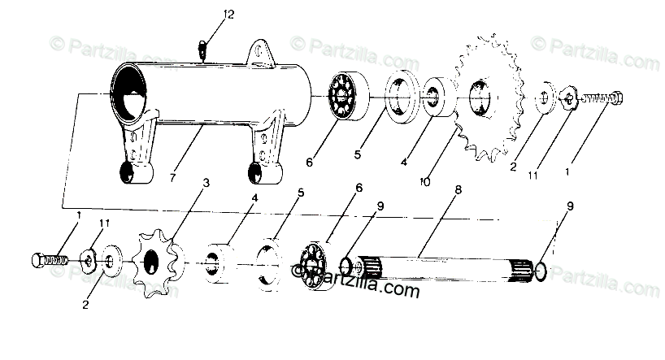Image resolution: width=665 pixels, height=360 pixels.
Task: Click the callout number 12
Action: tap(206, 15)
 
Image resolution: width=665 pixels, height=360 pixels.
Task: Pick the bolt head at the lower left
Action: tap(38, 262)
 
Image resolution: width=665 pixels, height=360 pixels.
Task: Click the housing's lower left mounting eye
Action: tap(128, 173)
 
